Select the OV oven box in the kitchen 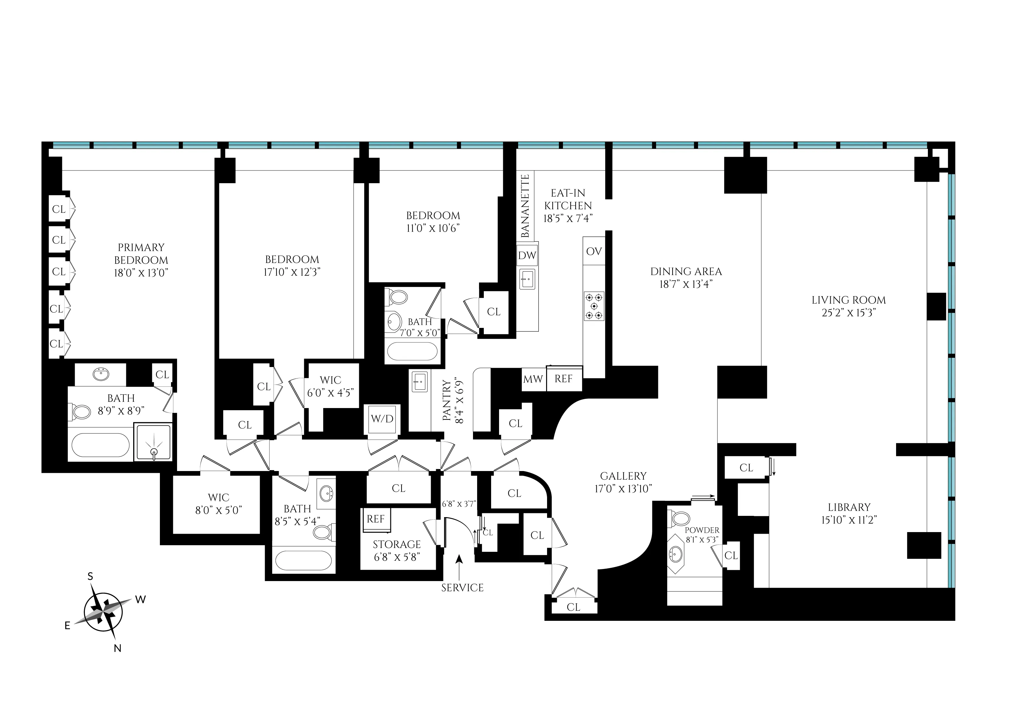click(x=594, y=252)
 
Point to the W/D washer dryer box click(x=382, y=419)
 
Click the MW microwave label click(x=533, y=379)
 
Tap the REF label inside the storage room click(x=375, y=519)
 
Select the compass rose click(x=104, y=612)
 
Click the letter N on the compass click(x=117, y=648)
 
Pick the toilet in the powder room click(x=681, y=519)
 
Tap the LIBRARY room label click(x=849, y=508)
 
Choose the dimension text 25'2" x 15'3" click(x=848, y=313)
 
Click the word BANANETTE click(x=525, y=206)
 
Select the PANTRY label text click(x=447, y=400)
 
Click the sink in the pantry click(x=420, y=381)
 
